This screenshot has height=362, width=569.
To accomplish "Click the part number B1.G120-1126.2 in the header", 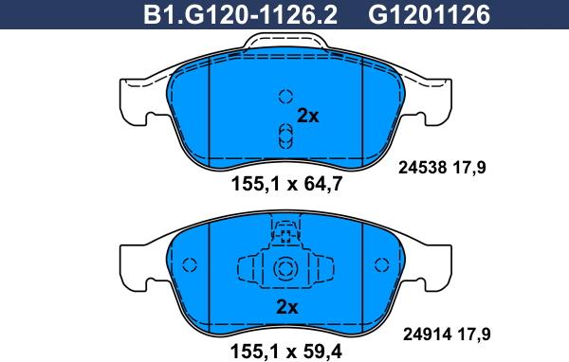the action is pos(240,14).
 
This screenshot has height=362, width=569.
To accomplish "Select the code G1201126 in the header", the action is pos(430,14).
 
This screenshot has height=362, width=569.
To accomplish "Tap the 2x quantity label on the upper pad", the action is pos(307,116).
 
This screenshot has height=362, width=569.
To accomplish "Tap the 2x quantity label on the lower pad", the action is pos(287,307).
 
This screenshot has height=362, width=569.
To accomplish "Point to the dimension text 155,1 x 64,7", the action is pos(286,184).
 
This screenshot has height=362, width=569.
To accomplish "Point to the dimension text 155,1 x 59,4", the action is pos(286,352).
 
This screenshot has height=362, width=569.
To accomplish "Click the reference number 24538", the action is pos(422,168).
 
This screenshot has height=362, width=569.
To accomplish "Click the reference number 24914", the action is pos(427,335).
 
